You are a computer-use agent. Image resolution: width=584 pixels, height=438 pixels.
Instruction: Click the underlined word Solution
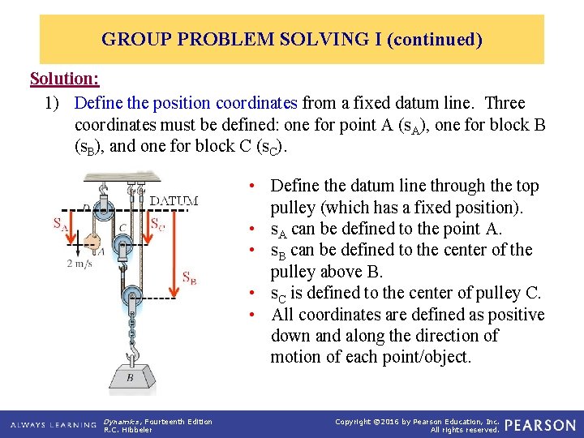coord(64,79)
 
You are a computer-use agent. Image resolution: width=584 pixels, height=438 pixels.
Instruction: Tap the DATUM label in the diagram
coord(174,200)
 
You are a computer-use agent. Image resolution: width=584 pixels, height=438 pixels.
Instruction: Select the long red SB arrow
coord(174,252)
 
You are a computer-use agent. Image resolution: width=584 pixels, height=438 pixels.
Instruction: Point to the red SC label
coord(157,223)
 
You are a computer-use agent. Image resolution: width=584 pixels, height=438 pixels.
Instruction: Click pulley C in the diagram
coord(122,242)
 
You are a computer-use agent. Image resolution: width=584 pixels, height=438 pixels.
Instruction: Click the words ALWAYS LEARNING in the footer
coord(54,425)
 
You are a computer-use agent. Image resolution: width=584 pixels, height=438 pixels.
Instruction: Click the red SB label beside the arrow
coord(189,278)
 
